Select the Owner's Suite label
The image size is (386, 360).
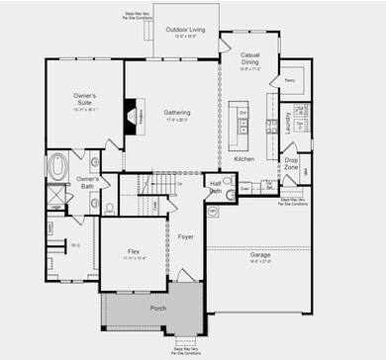(x=85, y=98)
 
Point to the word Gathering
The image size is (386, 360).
(x=177, y=113)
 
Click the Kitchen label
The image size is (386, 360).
(x=244, y=158)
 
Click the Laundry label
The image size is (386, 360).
(x=287, y=123)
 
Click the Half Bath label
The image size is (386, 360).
(x=216, y=187)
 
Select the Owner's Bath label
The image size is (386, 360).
(x=87, y=181)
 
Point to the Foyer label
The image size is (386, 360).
(x=185, y=237)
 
